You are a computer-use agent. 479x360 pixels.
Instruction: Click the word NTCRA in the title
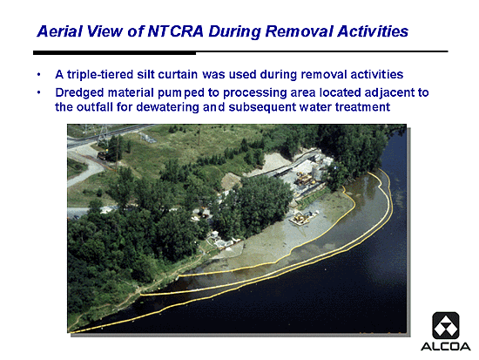(175, 31)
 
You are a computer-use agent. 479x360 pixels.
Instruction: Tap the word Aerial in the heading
(59, 31)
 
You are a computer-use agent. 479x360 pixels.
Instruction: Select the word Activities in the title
(373, 31)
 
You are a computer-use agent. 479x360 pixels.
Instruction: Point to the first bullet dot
(39, 75)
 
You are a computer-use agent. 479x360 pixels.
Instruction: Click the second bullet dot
(39, 92)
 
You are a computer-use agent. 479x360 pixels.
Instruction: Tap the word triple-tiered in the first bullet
(100, 75)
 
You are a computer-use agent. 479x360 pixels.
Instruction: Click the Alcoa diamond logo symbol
(446, 325)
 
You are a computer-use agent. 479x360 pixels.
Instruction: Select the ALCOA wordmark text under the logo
(446, 347)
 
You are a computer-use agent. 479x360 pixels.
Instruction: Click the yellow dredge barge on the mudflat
(302, 218)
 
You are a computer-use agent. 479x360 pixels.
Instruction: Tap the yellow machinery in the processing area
(305, 179)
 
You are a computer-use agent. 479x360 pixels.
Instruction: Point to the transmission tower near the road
(104, 133)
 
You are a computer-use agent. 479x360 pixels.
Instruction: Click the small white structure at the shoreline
(214, 235)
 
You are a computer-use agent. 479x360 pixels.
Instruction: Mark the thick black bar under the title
(115, 53)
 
